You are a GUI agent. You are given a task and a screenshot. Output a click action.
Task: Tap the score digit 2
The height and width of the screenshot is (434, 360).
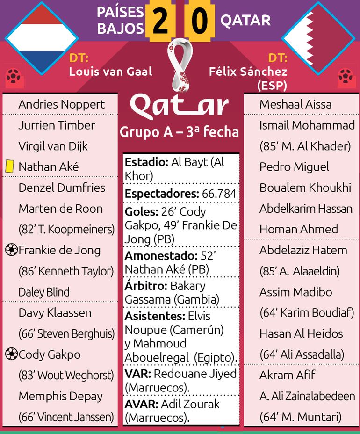point(160,22)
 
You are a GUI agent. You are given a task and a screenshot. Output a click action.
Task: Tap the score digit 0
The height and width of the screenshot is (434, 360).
point(199,22)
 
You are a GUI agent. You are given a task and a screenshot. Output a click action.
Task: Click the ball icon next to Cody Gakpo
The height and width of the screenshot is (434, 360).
point(11,354)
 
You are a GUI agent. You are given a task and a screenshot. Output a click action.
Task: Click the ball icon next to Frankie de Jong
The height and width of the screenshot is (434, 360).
point(11,250)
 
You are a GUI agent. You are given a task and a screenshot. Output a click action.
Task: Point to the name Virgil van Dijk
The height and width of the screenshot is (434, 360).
point(53,146)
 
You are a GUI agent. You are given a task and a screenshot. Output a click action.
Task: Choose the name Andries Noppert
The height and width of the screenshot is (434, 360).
point(61,104)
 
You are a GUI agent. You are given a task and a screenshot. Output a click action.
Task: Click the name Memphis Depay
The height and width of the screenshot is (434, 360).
point(60,396)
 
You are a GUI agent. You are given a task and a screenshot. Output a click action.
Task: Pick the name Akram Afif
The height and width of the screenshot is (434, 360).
point(287,375)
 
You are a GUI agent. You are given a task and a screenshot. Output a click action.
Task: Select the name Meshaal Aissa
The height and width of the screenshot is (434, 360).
point(295,104)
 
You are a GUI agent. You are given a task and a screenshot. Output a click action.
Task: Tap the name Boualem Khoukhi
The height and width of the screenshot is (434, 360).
point(305,188)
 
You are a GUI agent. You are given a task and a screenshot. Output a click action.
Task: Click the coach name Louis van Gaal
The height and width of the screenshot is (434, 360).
point(110,72)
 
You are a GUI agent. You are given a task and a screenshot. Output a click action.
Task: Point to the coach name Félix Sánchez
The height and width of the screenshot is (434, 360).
point(248,72)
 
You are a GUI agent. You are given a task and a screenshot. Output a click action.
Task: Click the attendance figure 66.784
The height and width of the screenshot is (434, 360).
point(219,194)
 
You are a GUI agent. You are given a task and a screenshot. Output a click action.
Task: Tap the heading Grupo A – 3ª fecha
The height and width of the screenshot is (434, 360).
point(180,132)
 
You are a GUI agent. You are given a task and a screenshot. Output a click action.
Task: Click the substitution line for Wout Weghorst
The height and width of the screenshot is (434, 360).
point(66,375)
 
